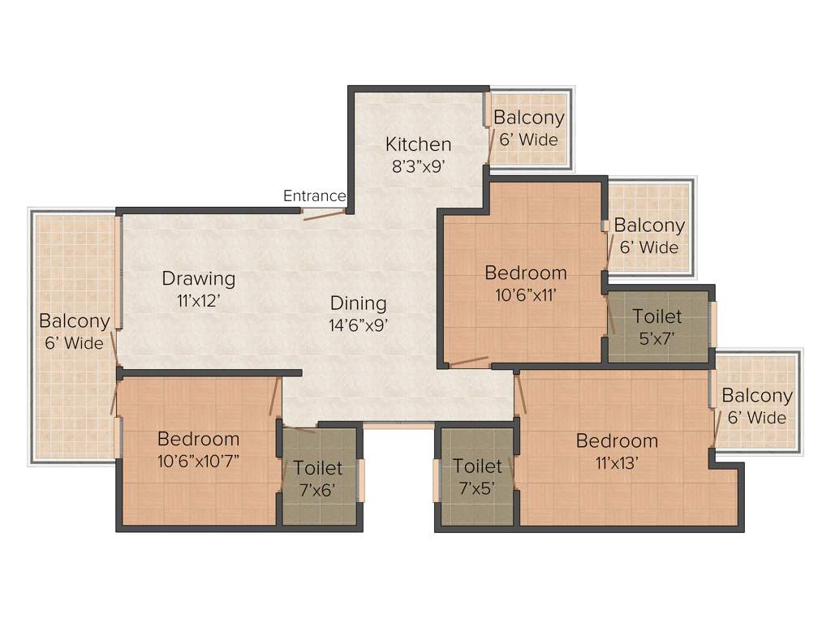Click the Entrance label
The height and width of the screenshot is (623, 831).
[x=314, y=196]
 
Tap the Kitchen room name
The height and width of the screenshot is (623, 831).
[x=418, y=144]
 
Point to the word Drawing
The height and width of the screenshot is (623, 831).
[x=199, y=278]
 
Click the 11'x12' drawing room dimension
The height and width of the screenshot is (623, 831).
[x=199, y=299]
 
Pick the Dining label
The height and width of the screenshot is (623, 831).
[x=358, y=303]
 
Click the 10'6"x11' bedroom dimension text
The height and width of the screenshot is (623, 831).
[x=526, y=294]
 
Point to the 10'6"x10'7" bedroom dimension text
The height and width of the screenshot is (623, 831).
[x=199, y=461]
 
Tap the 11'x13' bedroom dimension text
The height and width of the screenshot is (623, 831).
[x=617, y=462]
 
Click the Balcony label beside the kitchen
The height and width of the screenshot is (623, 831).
[x=529, y=118]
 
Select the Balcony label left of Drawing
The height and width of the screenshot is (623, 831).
[x=75, y=321]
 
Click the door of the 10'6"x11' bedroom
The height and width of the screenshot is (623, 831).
[x=468, y=361]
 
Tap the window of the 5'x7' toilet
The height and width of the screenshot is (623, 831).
[x=714, y=324]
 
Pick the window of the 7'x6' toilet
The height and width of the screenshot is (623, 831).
[x=362, y=479]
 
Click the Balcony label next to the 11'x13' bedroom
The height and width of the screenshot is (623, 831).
[x=757, y=396]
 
